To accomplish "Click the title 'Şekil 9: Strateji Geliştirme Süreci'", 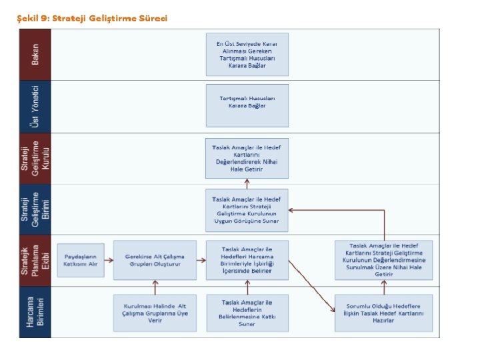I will pyautogui.click(x=92, y=18).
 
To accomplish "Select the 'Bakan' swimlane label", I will pyautogui.click(x=35, y=55).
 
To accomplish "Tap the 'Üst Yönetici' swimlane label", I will pyautogui.click(x=35, y=106).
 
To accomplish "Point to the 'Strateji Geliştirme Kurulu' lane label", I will pyautogui.click(x=35, y=158).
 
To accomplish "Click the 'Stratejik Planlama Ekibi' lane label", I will pyautogui.click(x=35, y=261).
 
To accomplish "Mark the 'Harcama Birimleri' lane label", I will pyautogui.click(x=35, y=312).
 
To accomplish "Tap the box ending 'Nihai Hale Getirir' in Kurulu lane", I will pyautogui.click(x=247, y=158).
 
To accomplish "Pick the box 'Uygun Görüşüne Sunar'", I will pyautogui.click(x=247, y=209).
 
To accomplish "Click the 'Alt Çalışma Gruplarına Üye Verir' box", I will pyautogui.click(x=155, y=312).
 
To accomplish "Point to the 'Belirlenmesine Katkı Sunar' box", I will pyautogui.click(x=247, y=312).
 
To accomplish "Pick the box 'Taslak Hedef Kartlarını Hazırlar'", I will pyautogui.click(x=384, y=312).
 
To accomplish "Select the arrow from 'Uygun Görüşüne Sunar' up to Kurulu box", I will pyautogui.click(x=247, y=183).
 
